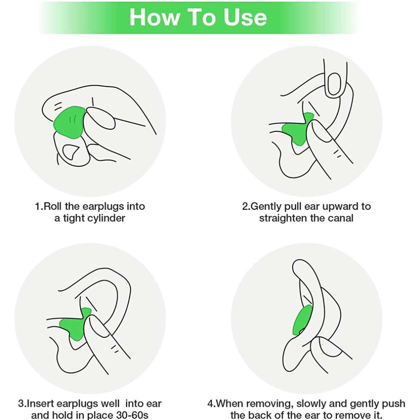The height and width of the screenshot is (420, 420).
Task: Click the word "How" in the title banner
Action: (x=154, y=18)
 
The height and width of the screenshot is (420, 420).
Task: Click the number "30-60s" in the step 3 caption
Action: (x=132, y=415)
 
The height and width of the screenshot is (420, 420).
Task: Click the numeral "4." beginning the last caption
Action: (x=211, y=403)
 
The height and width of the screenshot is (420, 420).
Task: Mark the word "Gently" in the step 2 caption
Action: (x=266, y=207)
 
